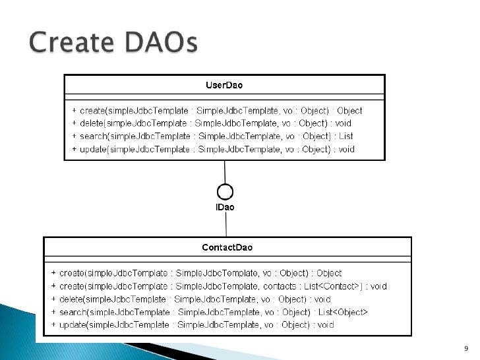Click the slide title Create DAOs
pos(113,44)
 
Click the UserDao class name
pos(224,85)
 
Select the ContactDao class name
pos(227,247)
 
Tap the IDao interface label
pos(225,207)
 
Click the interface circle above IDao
pos(225,192)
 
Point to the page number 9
pos(466,349)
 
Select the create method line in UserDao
pos(217,111)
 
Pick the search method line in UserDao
pos(212,136)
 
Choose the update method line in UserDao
pos(213,149)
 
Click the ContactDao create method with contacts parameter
pos(218,286)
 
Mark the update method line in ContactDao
pos(193,324)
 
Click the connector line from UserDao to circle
pos(225,172)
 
